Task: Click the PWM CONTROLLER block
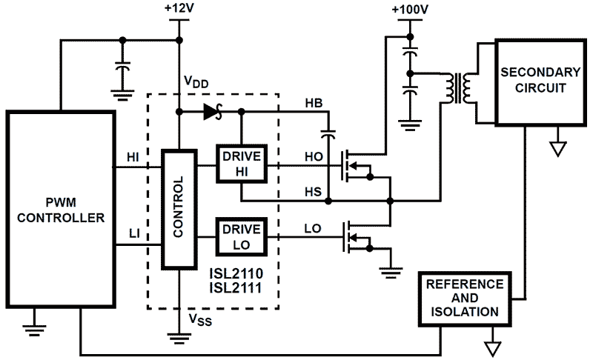tap(61, 210)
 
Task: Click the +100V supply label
tap(408, 10)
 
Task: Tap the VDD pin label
tap(197, 81)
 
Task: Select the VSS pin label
tap(198, 321)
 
